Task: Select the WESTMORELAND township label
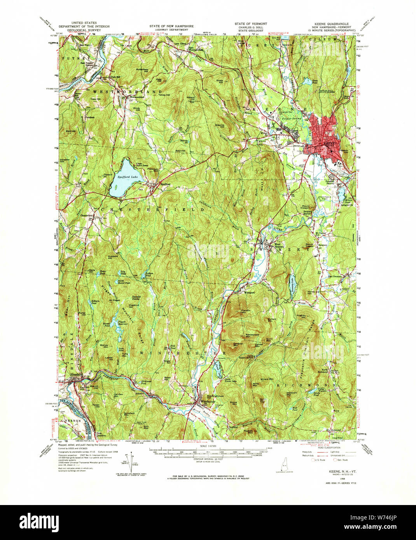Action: click(x=127, y=92)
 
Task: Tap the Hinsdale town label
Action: click(x=75, y=375)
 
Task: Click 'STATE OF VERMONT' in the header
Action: click(x=250, y=24)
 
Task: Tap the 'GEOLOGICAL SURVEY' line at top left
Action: click(x=84, y=30)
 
